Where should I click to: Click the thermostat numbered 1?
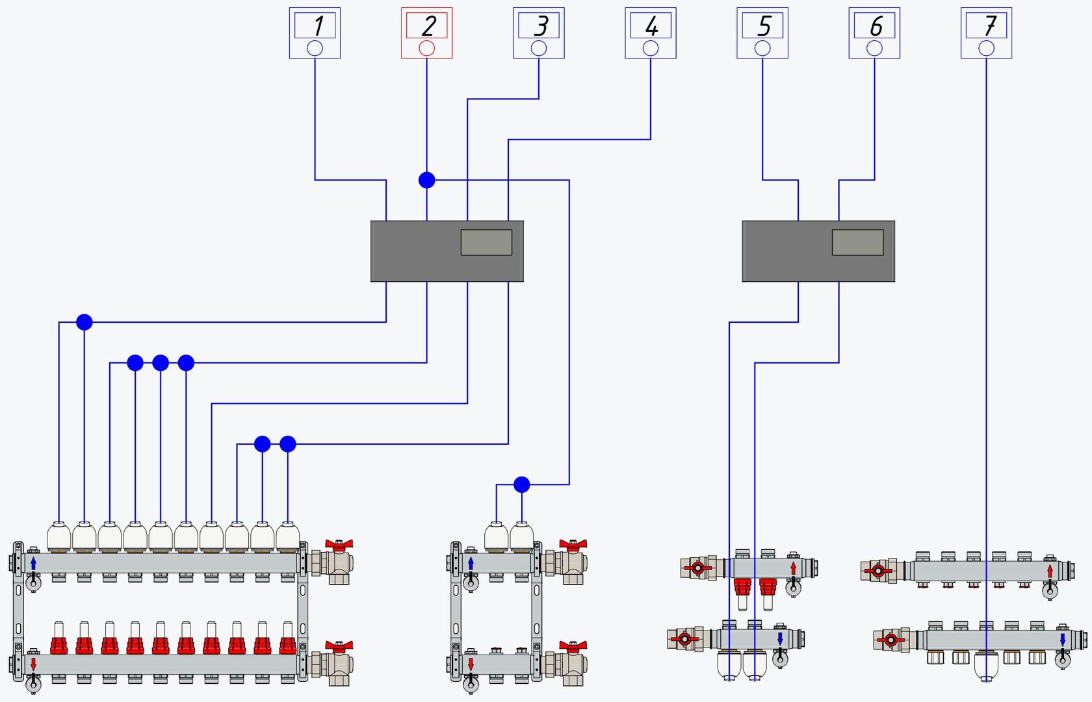point(315,33)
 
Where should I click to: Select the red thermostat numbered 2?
point(426,33)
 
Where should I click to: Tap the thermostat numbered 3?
point(539,33)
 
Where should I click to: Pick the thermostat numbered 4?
point(651,33)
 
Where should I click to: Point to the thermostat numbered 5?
point(762,33)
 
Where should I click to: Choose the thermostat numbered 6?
point(874,33)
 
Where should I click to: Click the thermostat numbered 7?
point(986,33)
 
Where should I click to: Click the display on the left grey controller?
point(486,242)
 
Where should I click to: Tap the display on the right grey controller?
point(857,242)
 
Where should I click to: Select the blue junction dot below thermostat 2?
point(426,180)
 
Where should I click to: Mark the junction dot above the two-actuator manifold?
point(521,484)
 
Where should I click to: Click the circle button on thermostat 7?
point(986,48)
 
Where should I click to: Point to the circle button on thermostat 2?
point(426,48)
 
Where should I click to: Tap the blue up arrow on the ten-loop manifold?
point(33,563)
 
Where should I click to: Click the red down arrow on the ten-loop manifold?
point(33,664)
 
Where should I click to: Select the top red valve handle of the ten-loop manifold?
point(339,544)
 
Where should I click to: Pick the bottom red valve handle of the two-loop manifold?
point(573,646)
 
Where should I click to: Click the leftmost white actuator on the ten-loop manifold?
point(58,538)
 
